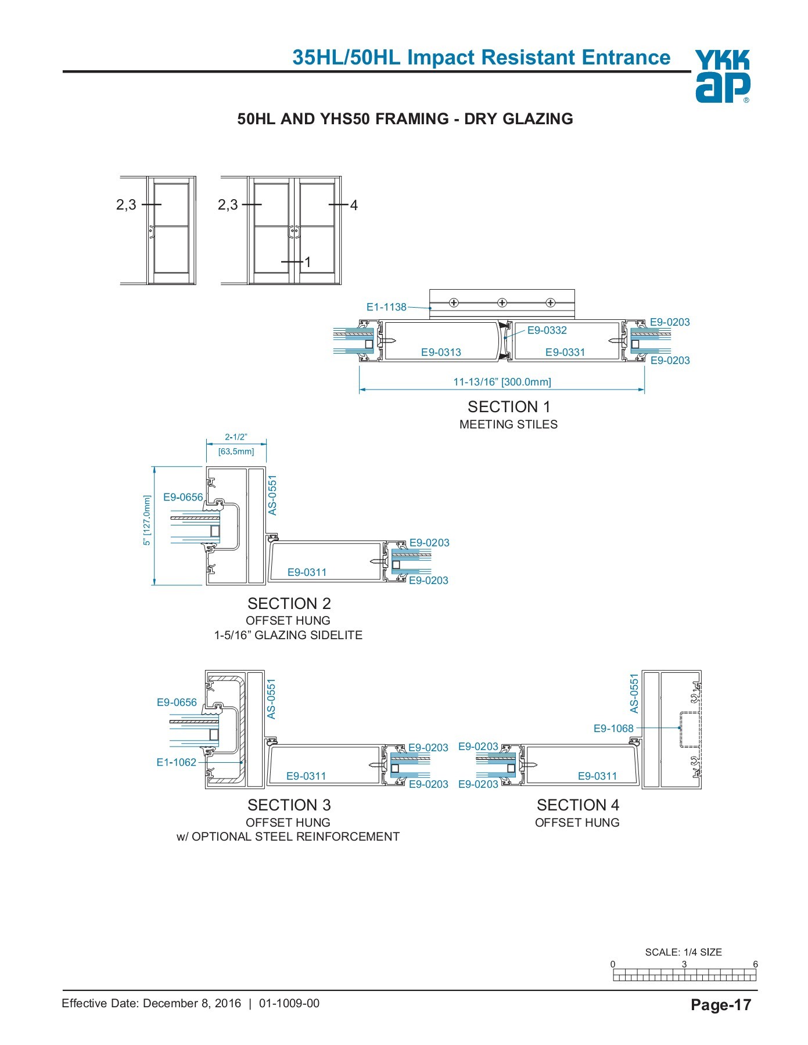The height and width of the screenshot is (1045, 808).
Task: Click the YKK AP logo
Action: pos(722,76)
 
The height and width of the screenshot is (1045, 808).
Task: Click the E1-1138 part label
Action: pos(386,307)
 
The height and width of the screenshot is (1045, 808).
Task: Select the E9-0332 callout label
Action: pos(547,330)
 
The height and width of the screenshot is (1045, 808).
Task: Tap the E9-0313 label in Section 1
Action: pos(441,352)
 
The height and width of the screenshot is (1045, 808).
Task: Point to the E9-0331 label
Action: pos(565,352)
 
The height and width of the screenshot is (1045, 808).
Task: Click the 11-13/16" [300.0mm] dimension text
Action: pos(502,382)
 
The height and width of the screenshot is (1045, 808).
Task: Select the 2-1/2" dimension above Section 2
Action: pos(236,437)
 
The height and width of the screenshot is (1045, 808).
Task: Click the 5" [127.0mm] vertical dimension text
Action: pos(147,520)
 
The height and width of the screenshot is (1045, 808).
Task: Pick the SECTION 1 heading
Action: pos(508,407)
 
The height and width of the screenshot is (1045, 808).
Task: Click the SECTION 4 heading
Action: pos(577,805)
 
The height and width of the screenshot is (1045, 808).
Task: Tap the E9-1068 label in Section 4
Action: pos(613,728)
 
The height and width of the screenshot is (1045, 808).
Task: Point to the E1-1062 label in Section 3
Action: pos(177,762)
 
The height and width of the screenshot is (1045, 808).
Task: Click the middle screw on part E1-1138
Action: pos(502,302)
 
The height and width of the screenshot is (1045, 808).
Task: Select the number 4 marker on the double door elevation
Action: pos(354,205)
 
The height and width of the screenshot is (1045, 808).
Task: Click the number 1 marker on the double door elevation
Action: pos(308,262)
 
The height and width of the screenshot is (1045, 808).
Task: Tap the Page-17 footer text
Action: pos(721,1005)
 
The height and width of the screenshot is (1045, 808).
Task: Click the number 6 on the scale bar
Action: pos(755,964)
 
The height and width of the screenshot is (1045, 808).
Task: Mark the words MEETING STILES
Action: pos(508,424)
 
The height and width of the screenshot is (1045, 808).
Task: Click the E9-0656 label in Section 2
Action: pos(183,497)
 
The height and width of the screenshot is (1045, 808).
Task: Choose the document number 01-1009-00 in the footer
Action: pos(289,1003)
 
